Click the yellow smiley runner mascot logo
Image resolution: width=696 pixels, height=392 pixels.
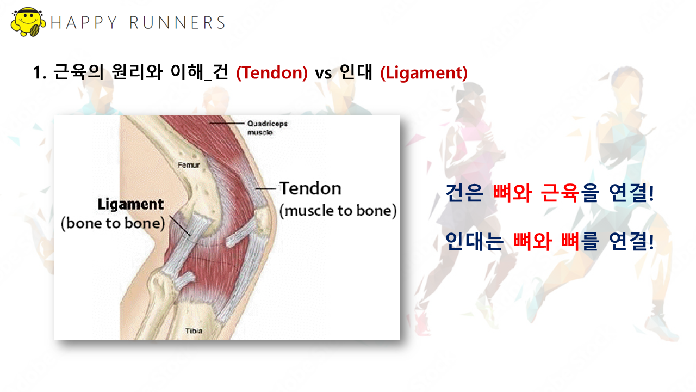[x=28, y=22]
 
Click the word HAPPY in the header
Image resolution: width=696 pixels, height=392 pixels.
[x=83, y=23]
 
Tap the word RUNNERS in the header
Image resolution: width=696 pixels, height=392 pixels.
[x=177, y=23]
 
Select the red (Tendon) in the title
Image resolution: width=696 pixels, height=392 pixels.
[x=272, y=73]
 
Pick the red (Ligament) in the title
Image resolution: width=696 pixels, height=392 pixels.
[x=424, y=73]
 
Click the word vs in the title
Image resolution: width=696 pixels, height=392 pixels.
[x=323, y=74]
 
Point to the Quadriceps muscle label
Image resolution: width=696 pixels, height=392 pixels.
[x=267, y=128]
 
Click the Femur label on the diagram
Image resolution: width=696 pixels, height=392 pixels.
[x=189, y=165]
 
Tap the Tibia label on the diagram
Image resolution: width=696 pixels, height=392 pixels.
[x=194, y=331]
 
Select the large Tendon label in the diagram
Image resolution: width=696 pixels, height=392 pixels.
[x=310, y=188]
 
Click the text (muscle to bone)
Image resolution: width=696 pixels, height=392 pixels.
[x=338, y=211]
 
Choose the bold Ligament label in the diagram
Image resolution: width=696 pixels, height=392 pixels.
[x=130, y=205]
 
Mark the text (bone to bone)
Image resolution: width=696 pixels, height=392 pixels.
[x=113, y=223]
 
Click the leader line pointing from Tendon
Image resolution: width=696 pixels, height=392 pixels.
[x=266, y=189]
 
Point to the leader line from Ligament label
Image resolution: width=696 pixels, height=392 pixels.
[x=180, y=225]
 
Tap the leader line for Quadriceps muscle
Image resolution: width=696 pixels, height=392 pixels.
[x=227, y=124]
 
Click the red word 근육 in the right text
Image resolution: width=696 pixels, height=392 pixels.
[x=560, y=193]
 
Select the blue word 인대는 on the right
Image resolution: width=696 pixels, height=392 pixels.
[x=474, y=241]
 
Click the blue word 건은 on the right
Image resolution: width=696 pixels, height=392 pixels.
[x=464, y=193]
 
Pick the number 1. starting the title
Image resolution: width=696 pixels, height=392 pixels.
[x=40, y=73]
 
